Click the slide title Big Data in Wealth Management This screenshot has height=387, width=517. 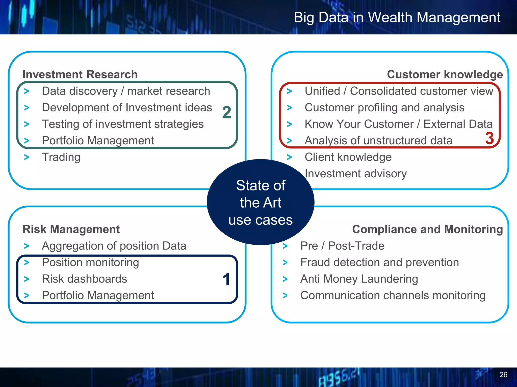pyautogui.click(x=397, y=18)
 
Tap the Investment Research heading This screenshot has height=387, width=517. pyautogui.click(x=80, y=75)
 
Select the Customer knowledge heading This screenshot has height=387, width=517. pyautogui.click(x=445, y=75)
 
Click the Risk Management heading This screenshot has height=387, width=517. pyautogui.click(x=71, y=229)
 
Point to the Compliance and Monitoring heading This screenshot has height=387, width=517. pyautogui.click(x=427, y=229)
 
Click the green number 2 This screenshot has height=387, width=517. pyautogui.click(x=226, y=112)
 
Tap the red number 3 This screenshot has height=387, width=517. pyautogui.click(x=489, y=138)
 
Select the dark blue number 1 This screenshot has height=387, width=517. pyautogui.click(x=226, y=279)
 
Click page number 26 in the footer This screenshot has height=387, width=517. pyautogui.click(x=503, y=375)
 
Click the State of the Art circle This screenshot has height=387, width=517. pyautogui.click(x=261, y=202)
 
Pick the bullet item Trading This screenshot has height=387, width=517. pyautogui.click(x=61, y=157)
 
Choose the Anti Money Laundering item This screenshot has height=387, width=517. pyautogui.click(x=359, y=279)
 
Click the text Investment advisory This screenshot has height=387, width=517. pyautogui.click(x=355, y=174)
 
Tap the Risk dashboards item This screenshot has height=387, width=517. pyautogui.click(x=84, y=279)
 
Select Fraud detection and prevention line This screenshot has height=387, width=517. pyautogui.click(x=379, y=263)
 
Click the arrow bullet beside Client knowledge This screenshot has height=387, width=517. pyautogui.click(x=289, y=157)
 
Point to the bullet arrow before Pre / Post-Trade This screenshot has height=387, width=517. pyautogui.click(x=285, y=246)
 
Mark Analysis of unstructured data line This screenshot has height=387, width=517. pyautogui.click(x=378, y=141)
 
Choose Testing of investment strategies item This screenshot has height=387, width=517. pyautogui.click(x=123, y=124)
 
